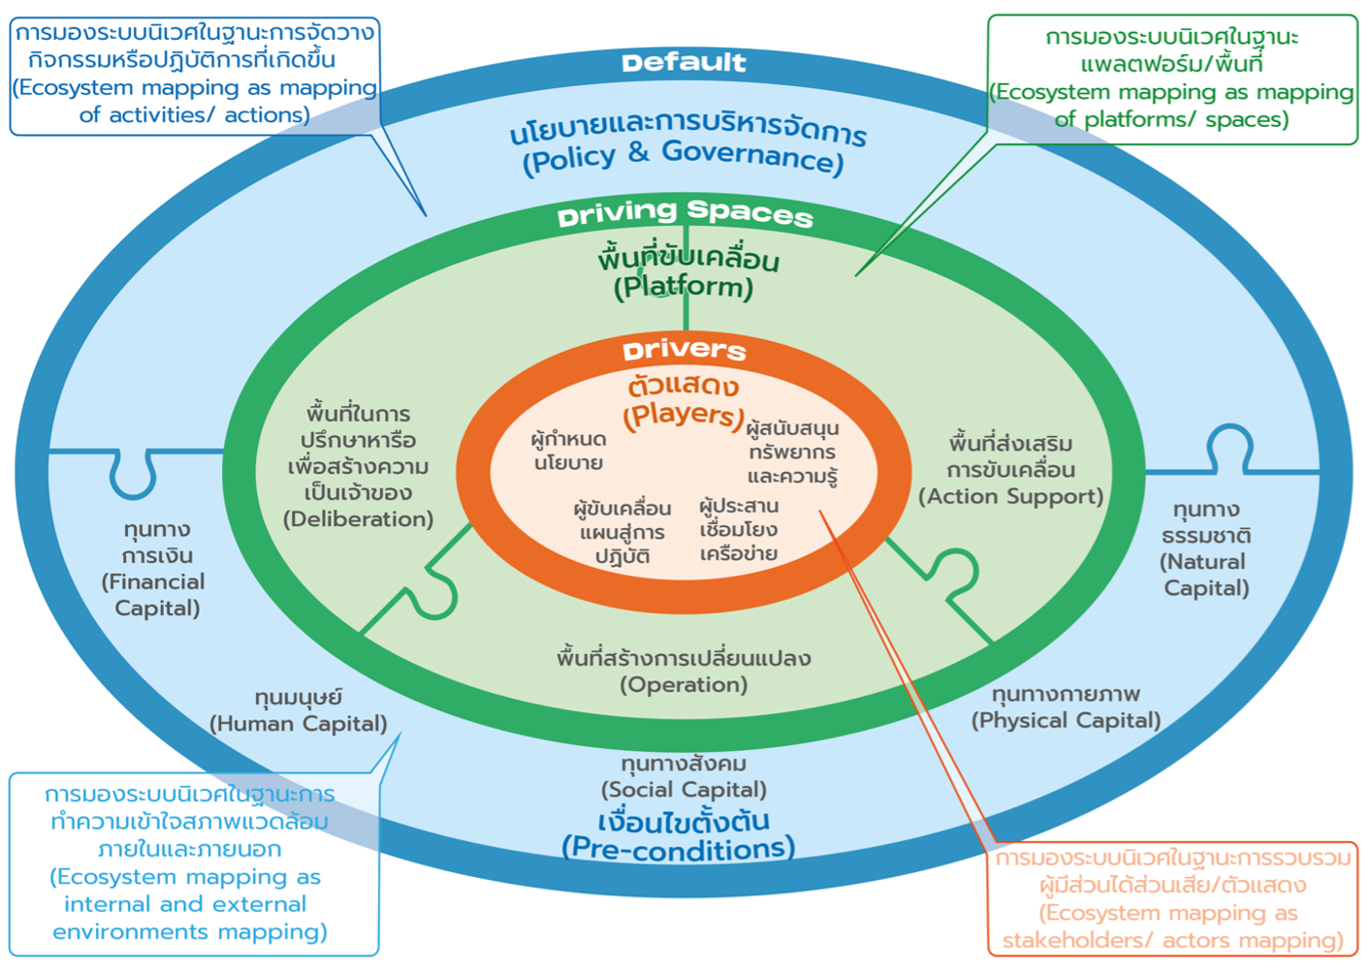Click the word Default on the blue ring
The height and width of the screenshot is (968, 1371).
tap(684, 63)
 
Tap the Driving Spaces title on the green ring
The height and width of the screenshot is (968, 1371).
tap(685, 213)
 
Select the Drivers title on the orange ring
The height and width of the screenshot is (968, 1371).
tap(685, 350)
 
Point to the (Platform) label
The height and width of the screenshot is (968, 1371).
tap(684, 287)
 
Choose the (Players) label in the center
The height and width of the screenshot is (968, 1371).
tap(683, 415)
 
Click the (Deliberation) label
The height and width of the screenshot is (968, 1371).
tap(359, 519)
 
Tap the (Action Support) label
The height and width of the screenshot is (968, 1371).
tap(1011, 496)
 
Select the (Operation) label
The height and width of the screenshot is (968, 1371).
tap(684, 685)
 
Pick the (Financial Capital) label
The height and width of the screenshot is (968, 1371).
tap(155, 595)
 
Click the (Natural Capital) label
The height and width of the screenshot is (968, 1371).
tap(1205, 575)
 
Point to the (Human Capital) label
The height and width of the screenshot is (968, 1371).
tap(299, 724)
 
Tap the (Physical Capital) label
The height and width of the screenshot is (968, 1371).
tap(1066, 720)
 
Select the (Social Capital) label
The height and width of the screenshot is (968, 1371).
tap(684, 790)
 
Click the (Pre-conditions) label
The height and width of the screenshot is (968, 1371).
tap(679, 849)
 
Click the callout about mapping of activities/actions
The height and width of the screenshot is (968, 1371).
tap(194, 75)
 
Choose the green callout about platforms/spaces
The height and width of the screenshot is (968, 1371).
tap(1171, 79)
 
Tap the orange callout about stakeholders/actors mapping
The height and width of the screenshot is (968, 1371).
tap(1173, 898)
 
